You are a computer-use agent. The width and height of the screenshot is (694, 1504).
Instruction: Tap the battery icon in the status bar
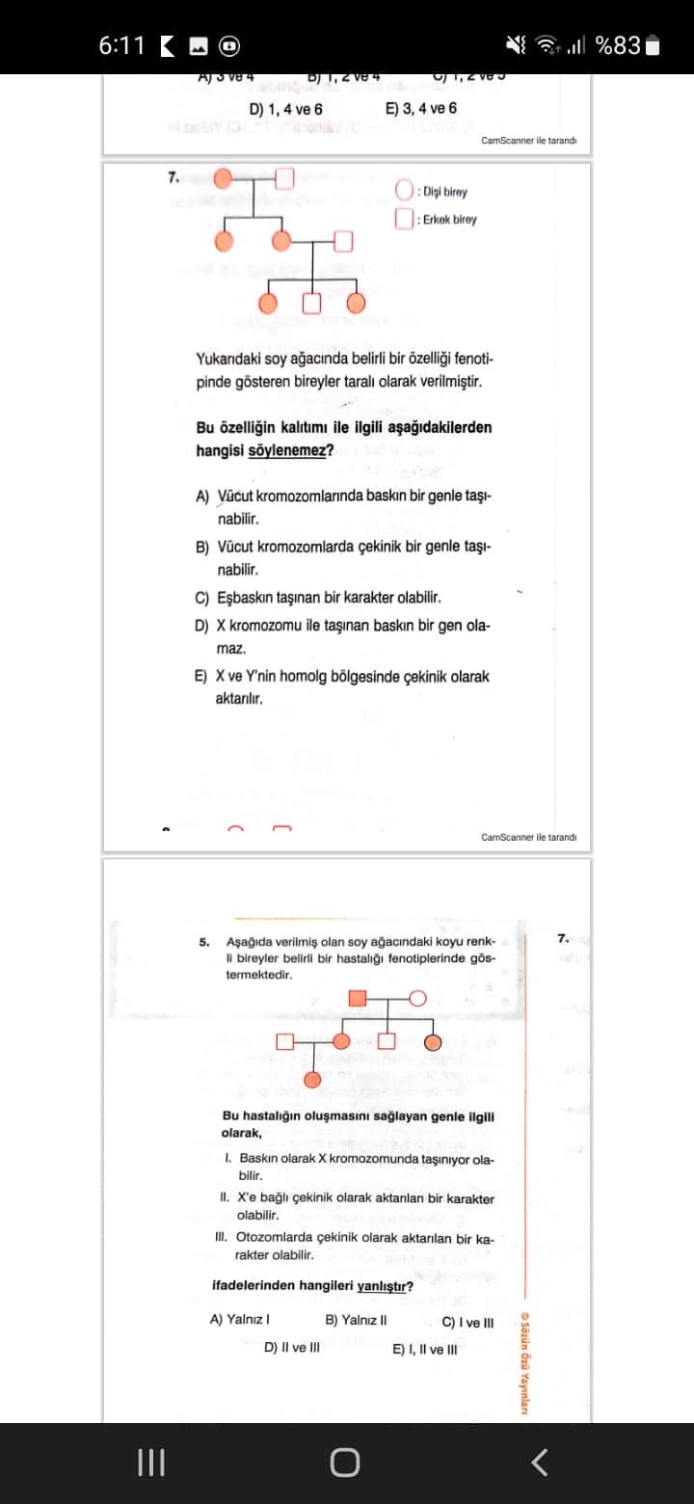click(653, 45)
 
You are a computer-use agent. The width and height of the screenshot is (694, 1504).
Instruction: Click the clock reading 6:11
click(121, 45)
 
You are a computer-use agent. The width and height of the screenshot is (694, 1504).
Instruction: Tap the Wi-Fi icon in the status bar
click(548, 45)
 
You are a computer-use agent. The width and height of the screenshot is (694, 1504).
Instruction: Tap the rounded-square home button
click(345, 1462)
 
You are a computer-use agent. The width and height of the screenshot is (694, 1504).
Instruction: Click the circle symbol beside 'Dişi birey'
click(405, 191)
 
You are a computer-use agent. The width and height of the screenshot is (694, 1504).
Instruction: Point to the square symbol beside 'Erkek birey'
click(405, 219)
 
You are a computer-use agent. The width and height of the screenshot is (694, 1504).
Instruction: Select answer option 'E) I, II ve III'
click(425, 1348)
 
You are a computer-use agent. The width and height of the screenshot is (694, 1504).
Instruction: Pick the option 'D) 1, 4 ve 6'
click(286, 110)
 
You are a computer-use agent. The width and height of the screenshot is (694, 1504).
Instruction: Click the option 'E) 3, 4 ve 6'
click(421, 110)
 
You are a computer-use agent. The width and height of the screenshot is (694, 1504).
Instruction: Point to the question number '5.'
click(205, 941)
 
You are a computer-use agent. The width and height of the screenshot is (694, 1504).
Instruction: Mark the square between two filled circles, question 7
click(311, 304)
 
